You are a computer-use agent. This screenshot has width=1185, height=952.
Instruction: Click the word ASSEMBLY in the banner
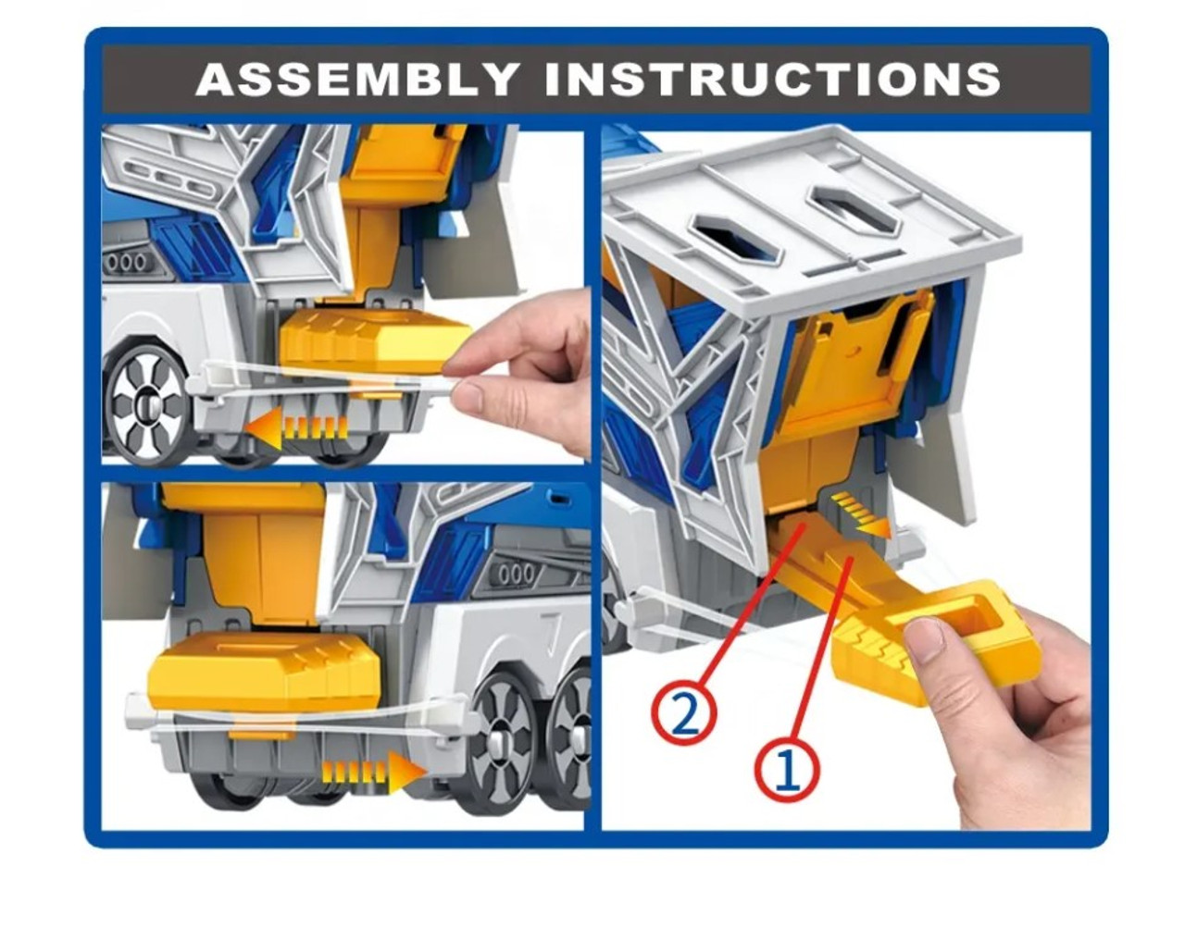click(x=356, y=79)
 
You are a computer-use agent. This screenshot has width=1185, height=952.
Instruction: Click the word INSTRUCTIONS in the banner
click(x=772, y=79)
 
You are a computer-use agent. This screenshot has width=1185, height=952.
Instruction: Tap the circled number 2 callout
click(x=683, y=712)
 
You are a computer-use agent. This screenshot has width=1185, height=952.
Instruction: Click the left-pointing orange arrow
click(x=297, y=426)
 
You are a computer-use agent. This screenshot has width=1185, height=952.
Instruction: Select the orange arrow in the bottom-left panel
click(x=373, y=773)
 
